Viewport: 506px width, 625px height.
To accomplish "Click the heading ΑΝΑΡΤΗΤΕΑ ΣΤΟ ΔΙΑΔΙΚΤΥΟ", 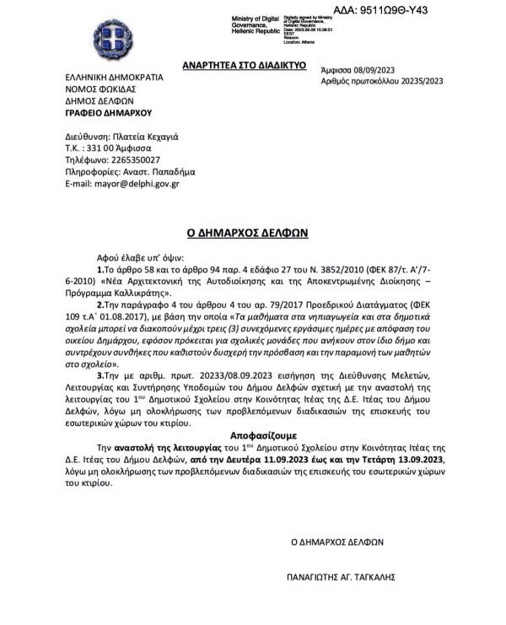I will [x=244, y=65].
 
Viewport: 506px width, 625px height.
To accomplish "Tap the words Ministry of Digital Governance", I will [x=259, y=23].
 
